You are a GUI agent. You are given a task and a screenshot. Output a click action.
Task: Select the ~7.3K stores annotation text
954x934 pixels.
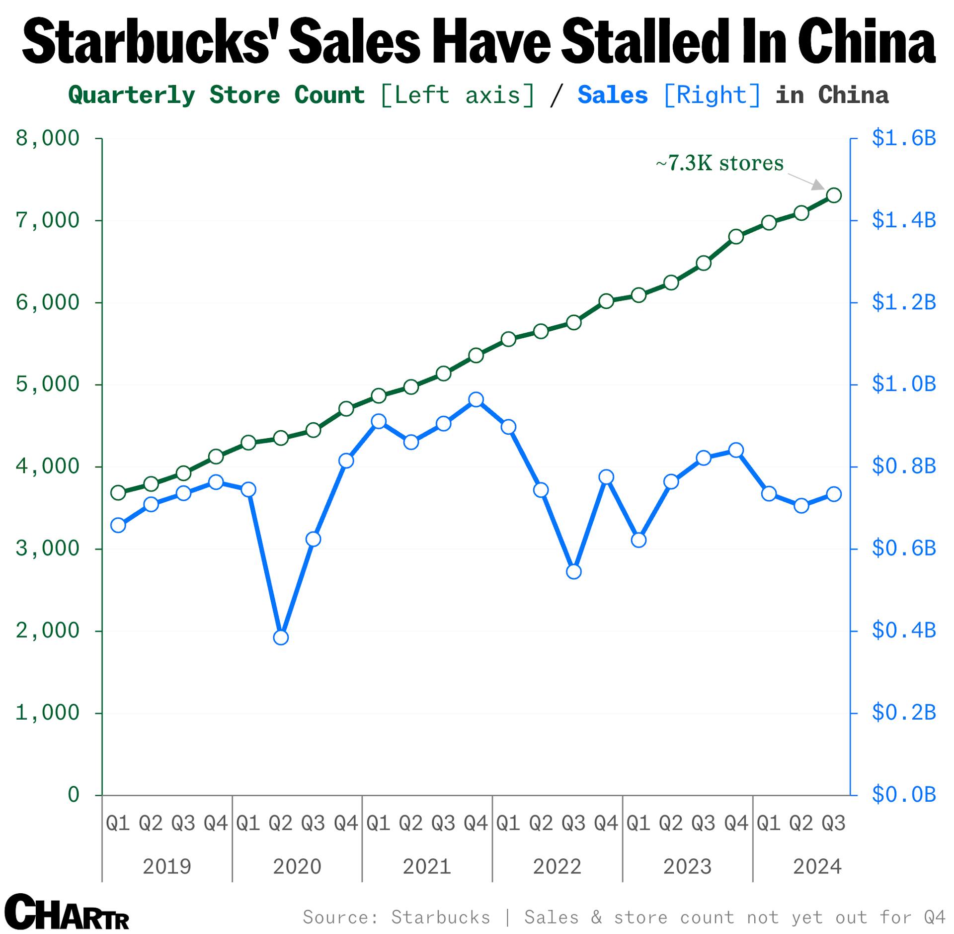click(719, 163)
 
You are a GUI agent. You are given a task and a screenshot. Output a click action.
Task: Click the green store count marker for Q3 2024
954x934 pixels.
click(834, 195)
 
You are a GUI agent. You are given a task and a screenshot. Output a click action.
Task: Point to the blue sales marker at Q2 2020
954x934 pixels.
click(281, 638)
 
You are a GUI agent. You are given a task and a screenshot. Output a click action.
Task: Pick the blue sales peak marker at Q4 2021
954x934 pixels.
click(476, 400)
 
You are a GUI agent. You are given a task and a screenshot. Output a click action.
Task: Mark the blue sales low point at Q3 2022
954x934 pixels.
click(573, 572)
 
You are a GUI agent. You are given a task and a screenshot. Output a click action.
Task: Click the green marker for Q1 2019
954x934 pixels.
click(118, 493)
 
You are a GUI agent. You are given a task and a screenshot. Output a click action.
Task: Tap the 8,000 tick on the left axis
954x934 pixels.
click(48, 138)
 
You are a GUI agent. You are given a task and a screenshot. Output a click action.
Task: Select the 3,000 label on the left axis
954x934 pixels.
click(48, 549)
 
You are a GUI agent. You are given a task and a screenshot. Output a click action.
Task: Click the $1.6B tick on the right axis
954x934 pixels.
click(903, 138)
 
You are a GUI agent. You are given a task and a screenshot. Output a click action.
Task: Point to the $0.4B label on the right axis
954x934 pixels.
click(903, 631)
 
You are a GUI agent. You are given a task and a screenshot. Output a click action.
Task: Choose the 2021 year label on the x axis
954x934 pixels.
click(427, 867)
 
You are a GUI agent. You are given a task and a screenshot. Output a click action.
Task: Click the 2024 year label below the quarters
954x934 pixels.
click(817, 867)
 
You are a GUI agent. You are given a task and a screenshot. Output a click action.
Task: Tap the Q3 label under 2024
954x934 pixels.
click(833, 824)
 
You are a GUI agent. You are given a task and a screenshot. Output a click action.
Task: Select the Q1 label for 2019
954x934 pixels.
click(118, 824)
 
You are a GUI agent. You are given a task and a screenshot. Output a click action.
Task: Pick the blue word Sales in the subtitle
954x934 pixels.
click(613, 95)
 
